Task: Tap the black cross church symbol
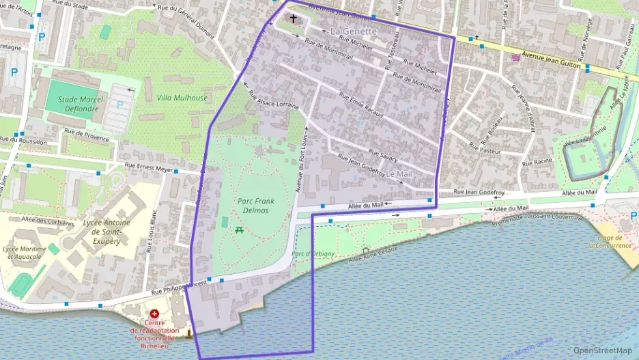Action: [x=294, y=18]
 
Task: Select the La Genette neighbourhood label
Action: [x=353, y=31]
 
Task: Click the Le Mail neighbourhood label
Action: [x=399, y=174]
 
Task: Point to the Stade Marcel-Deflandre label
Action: [x=81, y=103]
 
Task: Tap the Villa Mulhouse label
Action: [x=182, y=98]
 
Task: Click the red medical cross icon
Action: [x=154, y=313]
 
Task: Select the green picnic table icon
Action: [x=240, y=230]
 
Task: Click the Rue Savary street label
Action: [x=383, y=156]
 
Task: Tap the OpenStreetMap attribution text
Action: [x=603, y=350]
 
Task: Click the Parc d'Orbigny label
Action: [x=313, y=254]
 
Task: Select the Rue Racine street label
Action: [x=537, y=162]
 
